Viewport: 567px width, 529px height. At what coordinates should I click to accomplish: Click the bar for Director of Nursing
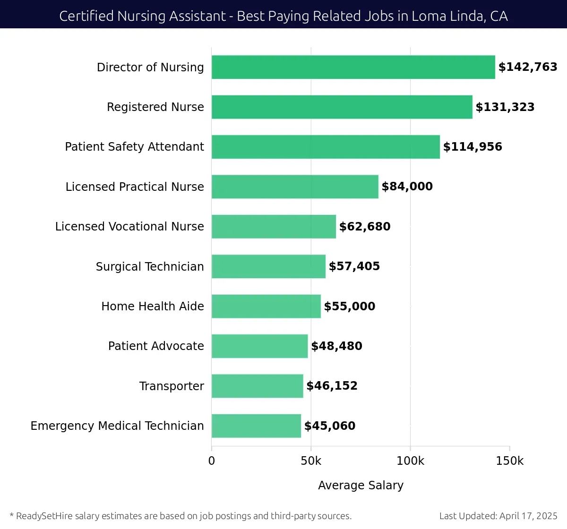[x=353, y=67]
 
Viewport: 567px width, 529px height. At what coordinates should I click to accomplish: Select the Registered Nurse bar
[x=342, y=107]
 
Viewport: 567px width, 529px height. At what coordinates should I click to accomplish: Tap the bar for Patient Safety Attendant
[x=326, y=147]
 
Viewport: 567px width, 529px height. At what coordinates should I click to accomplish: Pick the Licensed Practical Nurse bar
[x=295, y=187]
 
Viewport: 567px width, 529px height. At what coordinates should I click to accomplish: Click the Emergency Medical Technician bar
[x=256, y=426]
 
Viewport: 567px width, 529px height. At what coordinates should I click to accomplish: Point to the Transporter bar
[x=258, y=386]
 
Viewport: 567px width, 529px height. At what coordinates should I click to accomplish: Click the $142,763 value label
[x=528, y=67]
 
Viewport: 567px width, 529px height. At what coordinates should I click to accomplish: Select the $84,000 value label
[x=407, y=187]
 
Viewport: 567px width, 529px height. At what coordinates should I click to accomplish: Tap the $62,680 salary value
[x=365, y=227]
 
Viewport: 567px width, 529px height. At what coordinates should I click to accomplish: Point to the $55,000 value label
[x=349, y=307]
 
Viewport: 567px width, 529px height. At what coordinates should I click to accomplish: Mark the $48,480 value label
[x=336, y=346]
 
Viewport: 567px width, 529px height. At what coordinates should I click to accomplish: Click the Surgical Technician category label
[x=150, y=267]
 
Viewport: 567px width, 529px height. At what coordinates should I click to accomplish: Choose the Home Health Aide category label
[x=153, y=307]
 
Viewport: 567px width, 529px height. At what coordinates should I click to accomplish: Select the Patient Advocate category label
[x=156, y=346]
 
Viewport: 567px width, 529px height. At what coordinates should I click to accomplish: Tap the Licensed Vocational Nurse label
[x=129, y=227]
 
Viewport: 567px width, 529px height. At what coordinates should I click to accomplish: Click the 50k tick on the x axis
[x=311, y=461]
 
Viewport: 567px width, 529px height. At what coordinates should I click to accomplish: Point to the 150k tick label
[x=509, y=461]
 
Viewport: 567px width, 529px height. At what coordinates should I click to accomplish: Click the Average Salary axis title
[x=361, y=486]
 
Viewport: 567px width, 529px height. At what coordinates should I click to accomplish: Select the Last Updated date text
[x=498, y=516]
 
